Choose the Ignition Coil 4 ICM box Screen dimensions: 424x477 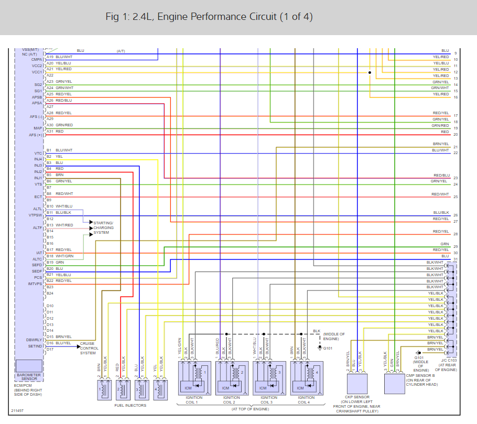point(300,388)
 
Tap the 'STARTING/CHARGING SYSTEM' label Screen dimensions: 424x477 point(103,227)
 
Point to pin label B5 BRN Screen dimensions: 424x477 point(55,175)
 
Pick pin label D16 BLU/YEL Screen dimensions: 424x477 point(59,343)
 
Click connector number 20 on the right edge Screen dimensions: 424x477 point(456,135)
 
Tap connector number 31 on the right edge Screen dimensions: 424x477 point(456,259)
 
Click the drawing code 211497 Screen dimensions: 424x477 point(17,411)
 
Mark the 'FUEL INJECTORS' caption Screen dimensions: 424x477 point(130,405)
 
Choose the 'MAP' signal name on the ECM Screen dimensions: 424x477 point(37,128)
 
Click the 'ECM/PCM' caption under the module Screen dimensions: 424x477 point(24,386)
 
